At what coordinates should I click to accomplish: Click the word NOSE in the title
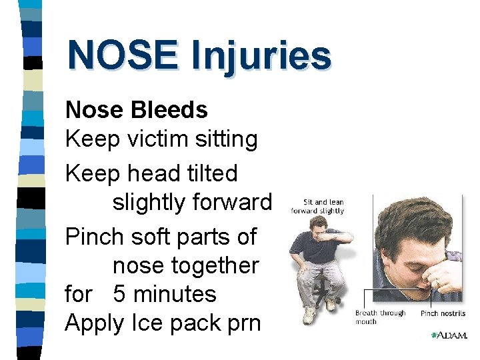pyautogui.click(x=122, y=55)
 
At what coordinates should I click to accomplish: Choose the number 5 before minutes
pyautogui.click(x=119, y=294)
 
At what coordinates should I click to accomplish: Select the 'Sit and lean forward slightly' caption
pyautogui.click(x=317, y=207)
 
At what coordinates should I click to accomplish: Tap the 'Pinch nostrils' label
pyautogui.click(x=443, y=313)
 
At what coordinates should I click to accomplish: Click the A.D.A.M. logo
pyautogui.click(x=448, y=335)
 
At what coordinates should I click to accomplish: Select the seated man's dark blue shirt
pyautogui.click(x=307, y=247)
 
